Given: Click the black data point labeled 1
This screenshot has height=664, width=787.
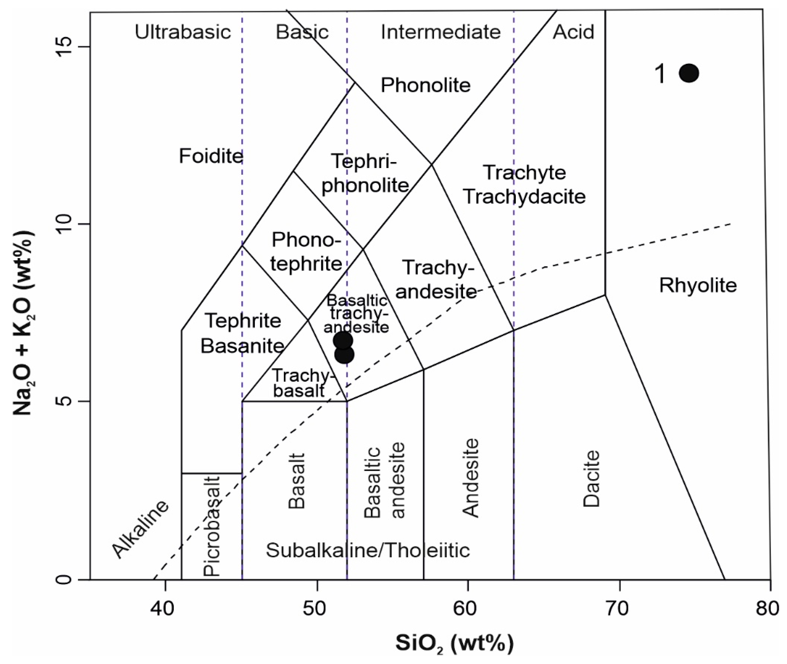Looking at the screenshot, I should point(689,73).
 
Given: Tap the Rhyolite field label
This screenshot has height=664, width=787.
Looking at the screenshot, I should point(698,285).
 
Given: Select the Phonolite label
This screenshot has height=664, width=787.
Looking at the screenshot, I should point(425,85).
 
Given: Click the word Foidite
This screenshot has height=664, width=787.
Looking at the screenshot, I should point(211,155).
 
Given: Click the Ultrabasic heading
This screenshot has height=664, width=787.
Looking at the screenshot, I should point(183,32).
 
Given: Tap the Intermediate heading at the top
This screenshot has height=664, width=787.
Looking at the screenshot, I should point(440,32).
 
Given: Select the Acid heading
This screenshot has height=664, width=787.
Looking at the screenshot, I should point(573,32).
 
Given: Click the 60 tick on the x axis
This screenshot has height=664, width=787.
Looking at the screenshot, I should point(467,608).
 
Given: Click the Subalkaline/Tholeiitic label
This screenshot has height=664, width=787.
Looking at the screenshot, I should point(368,550).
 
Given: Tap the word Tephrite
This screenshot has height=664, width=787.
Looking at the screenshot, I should point(243,321).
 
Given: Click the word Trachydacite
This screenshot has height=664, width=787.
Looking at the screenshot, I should point(524,196).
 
